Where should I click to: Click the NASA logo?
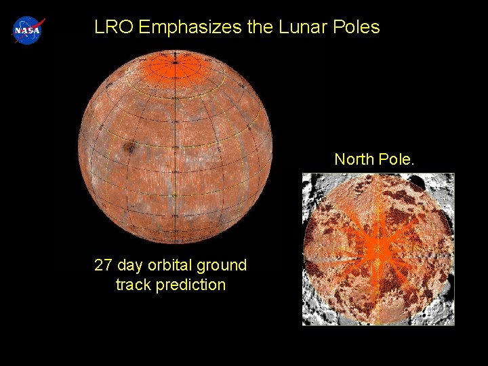tap(27, 30)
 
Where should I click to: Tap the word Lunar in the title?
tap(304, 27)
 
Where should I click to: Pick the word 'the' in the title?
tap(257, 27)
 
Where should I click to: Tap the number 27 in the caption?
tap(103, 265)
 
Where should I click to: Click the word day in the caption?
tap(129, 266)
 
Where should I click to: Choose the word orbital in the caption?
tap(169, 265)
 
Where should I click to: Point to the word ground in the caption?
tap(223, 266)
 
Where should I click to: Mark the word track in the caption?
tap(133, 285)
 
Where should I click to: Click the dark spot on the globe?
tap(128, 147)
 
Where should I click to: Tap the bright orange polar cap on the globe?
tap(175, 64)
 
